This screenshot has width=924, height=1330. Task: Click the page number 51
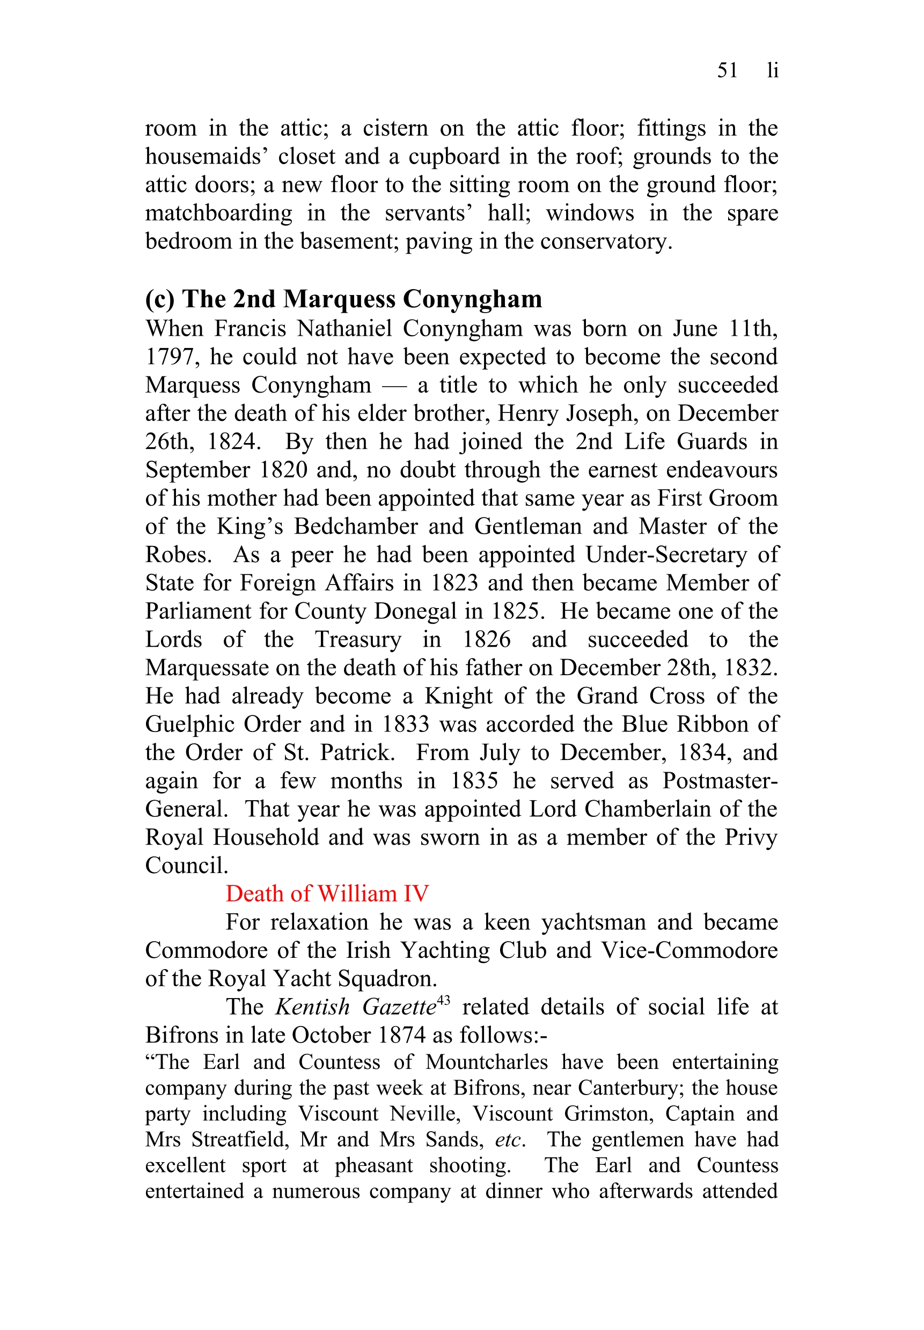(727, 70)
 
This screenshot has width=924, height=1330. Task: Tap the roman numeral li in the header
(772, 70)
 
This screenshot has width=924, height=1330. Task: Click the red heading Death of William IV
(327, 894)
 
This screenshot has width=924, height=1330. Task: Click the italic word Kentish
(313, 1007)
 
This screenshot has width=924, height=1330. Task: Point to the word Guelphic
(189, 725)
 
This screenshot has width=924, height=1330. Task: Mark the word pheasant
(373, 1165)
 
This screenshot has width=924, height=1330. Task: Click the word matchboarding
(218, 213)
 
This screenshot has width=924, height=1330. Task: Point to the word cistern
(395, 128)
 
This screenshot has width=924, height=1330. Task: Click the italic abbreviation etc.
(509, 1140)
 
